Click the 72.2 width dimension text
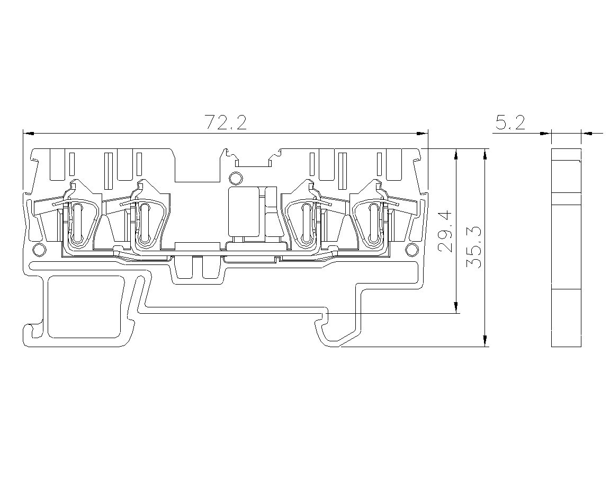226,123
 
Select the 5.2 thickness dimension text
510,123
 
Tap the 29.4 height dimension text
445,231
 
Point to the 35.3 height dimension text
473,248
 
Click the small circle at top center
235,178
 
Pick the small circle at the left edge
38,249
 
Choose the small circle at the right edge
410,249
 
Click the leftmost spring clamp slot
77,223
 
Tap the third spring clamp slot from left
306,223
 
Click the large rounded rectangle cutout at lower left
84,307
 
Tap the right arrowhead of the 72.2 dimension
421,134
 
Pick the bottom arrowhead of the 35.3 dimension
485,340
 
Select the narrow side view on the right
567,248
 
